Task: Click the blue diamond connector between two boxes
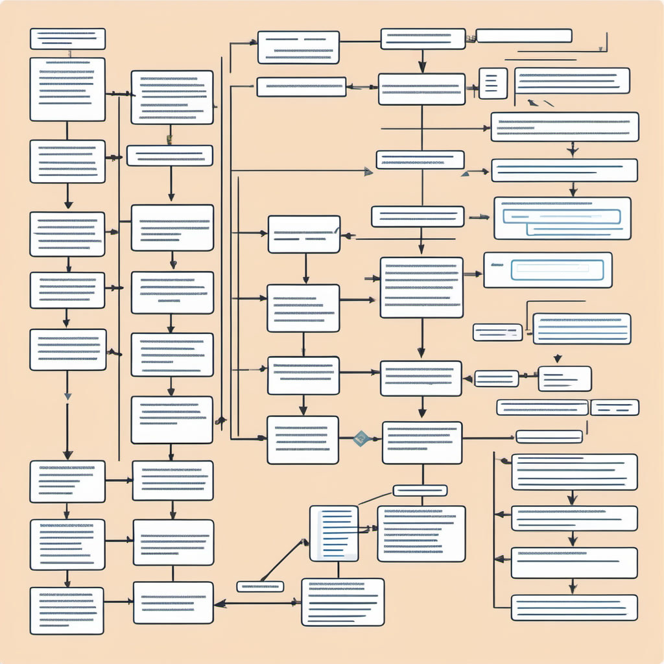tap(361, 438)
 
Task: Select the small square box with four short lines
tap(493, 83)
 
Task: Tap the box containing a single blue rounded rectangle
tap(548, 270)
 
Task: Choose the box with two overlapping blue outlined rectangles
tap(562, 219)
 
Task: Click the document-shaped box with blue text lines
tap(334, 533)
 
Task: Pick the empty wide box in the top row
tap(524, 36)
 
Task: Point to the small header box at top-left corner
tap(67, 38)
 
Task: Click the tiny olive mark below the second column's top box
tap(169, 139)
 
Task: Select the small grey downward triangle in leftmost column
tap(67, 396)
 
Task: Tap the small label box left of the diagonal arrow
tap(260, 587)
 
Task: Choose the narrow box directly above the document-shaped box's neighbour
tap(420, 490)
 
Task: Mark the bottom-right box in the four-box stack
tap(574, 608)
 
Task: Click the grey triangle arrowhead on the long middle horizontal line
tap(368, 171)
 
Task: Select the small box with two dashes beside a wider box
tap(615, 407)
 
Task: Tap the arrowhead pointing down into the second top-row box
tap(422, 66)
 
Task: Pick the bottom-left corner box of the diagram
tap(67, 610)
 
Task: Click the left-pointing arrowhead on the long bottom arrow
tap(220, 603)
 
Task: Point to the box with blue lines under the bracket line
tap(582, 329)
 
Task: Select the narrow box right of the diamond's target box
tap(549, 436)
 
